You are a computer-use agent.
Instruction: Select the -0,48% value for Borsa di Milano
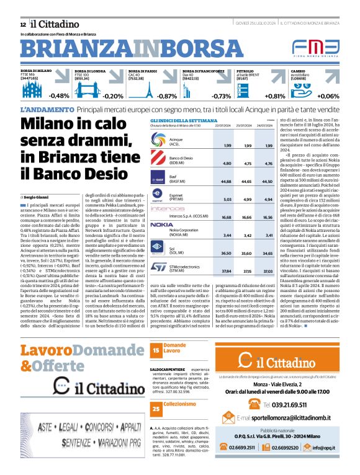point(59,96)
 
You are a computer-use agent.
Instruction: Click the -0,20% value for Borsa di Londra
point(113,96)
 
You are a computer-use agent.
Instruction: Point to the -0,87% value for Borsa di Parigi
point(166,96)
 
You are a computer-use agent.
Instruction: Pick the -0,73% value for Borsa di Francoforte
point(221,96)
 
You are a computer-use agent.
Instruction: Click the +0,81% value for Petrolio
point(275,96)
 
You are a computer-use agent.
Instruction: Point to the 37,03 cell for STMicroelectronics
point(268,271)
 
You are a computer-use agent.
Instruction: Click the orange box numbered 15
point(155,350)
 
